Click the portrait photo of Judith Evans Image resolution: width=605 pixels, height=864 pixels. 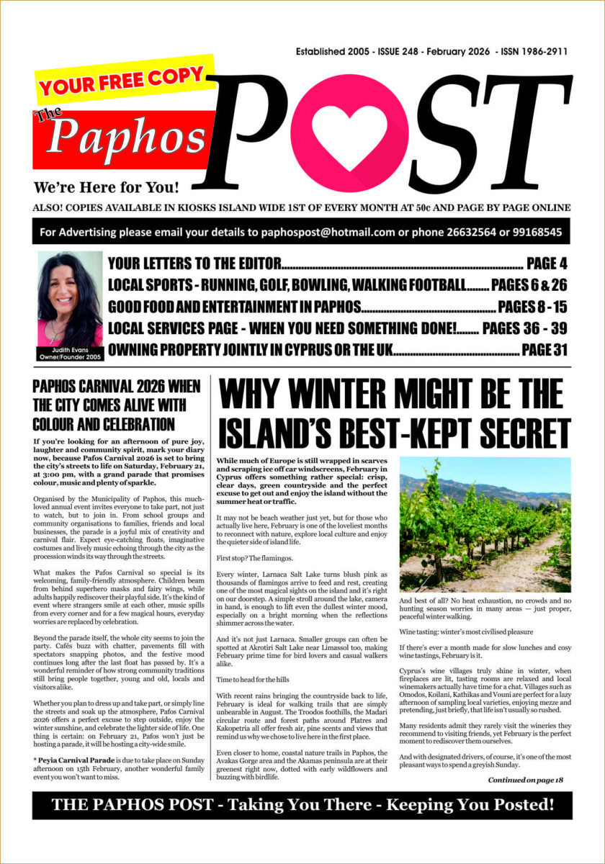click(x=70, y=298)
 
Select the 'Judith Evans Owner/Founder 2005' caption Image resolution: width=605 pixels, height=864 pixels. click(x=70, y=352)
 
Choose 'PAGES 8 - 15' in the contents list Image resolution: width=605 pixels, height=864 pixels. click(x=532, y=307)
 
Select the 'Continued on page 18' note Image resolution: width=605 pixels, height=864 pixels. click(x=525, y=779)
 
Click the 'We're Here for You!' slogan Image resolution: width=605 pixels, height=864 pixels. click(x=106, y=189)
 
